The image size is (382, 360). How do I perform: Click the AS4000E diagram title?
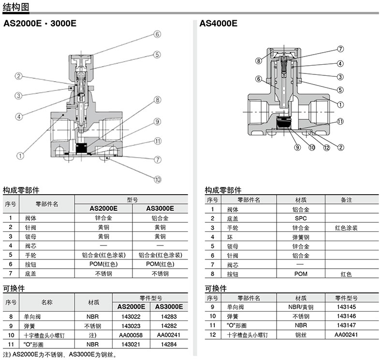[218, 23]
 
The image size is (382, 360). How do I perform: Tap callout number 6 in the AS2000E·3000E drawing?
[157, 34]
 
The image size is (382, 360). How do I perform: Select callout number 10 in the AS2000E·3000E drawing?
[157, 180]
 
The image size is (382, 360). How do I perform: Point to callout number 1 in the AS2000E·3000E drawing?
[20, 156]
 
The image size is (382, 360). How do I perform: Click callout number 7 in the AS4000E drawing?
[340, 49]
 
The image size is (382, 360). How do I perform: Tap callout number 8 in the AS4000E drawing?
[259, 60]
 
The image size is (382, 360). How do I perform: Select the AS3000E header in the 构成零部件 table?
[160, 208]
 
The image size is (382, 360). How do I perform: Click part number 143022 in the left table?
[131, 317]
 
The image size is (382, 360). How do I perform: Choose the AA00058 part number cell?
[131, 335]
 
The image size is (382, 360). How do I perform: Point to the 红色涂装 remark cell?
[346, 227]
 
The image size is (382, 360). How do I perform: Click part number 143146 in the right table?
[346, 317]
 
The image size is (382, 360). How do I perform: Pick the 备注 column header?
[346, 200]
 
